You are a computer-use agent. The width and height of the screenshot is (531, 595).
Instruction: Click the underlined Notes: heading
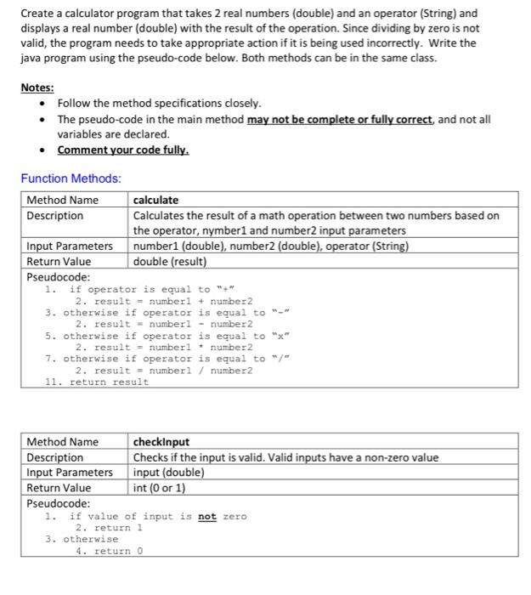pyautogui.click(x=37, y=88)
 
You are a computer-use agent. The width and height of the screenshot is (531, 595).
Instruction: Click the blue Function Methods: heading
pyautogui.click(x=71, y=178)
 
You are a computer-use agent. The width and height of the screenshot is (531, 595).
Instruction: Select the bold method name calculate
pyautogui.click(x=155, y=201)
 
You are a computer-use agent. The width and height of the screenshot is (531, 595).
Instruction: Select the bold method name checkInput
pyautogui.click(x=161, y=442)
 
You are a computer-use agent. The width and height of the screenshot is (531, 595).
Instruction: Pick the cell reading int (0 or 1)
pyautogui.click(x=159, y=488)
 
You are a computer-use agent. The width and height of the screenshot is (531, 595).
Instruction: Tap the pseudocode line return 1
pyautogui.click(x=118, y=528)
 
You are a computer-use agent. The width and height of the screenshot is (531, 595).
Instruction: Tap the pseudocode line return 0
pyautogui.click(x=118, y=551)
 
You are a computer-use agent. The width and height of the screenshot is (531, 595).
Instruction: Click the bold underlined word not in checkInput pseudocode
pyautogui.click(x=207, y=516)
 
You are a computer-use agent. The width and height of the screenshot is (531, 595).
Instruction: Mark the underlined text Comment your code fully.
pyautogui.click(x=122, y=150)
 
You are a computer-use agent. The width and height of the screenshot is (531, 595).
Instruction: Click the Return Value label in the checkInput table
pyautogui.click(x=59, y=488)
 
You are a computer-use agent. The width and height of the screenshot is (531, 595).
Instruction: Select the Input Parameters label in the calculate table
pyautogui.click(x=70, y=246)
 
